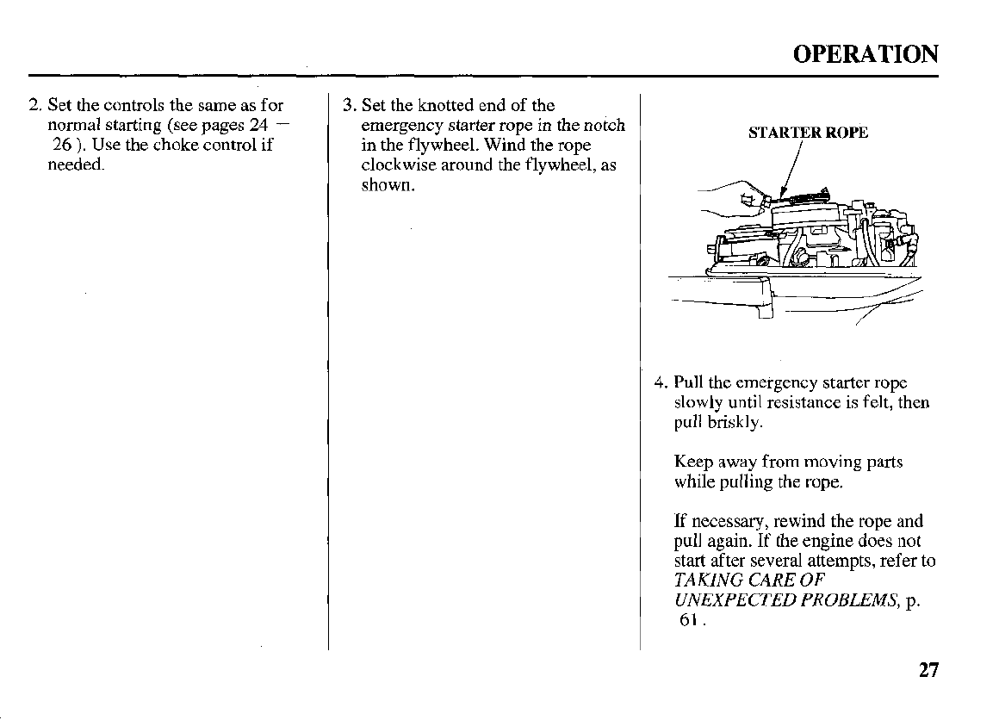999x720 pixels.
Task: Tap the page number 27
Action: pyautogui.click(x=928, y=670)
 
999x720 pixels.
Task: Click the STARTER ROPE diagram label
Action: pyautogui.click(x=808, y=133)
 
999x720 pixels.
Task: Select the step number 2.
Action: pyautogui.click(x=34, y=106)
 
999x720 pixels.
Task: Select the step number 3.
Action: pyautogui.click(x=348, y=106)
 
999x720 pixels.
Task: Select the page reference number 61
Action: pyautogui.click(x=688, y=620)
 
